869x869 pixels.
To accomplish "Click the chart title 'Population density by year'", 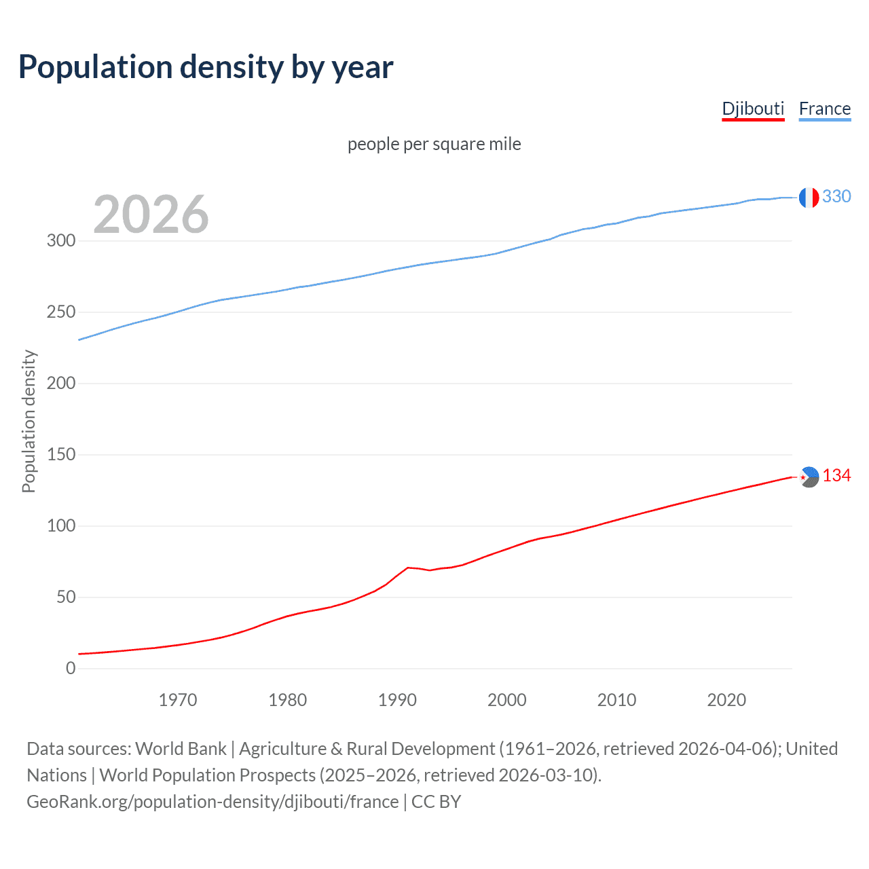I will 206,67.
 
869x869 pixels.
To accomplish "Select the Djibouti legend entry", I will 753,109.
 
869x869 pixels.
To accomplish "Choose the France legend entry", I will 824,109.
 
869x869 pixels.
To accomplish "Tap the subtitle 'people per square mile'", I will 434,144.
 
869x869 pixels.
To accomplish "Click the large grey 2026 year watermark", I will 151,215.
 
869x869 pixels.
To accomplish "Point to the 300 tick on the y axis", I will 61,241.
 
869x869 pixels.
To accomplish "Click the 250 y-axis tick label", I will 61,312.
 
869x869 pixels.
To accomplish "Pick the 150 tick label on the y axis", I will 61,455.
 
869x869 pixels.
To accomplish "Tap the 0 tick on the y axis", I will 71,668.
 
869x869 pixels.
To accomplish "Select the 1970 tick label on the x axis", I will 178,700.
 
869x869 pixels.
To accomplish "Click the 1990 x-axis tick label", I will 397,700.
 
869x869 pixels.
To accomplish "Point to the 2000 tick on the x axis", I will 507,700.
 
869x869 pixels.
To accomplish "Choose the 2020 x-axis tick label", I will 726,700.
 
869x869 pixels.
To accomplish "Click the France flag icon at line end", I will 809,198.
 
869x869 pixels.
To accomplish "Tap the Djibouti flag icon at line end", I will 809,477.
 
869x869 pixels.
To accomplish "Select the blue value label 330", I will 836,197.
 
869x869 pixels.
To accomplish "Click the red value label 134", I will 836,476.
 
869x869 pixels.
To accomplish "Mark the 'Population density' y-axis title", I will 29,421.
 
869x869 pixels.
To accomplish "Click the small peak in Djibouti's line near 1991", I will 407,568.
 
